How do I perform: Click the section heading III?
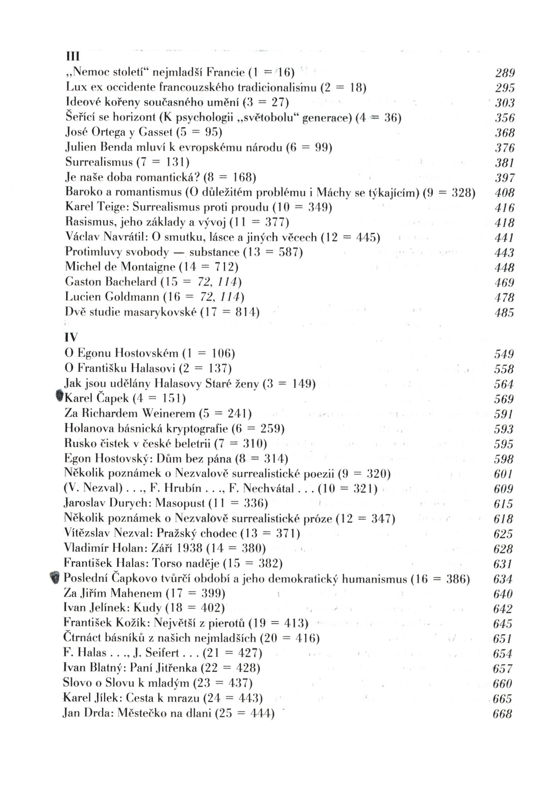tap(73, 56)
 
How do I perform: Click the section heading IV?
tap(71, 337)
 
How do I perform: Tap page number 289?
tap(505, 73)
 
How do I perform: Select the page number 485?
tap(504, 313)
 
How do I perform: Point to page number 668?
tap(502, 714)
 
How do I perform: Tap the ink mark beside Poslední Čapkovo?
tap(54, 577)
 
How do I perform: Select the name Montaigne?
tap(148, 267)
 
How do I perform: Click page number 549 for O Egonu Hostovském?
tap(504, 354)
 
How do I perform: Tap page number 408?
tap(504, 192)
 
